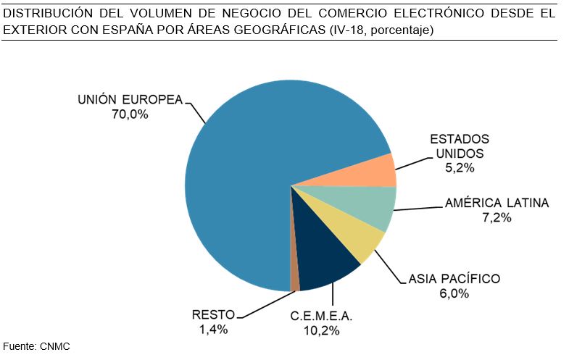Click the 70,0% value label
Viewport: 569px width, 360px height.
click(130, 114)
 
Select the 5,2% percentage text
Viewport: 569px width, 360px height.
click(460, 168)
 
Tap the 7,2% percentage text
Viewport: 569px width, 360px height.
click(497, 217)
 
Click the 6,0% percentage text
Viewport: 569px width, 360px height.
click(454, 293)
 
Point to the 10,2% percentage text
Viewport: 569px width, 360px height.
click(322, 331)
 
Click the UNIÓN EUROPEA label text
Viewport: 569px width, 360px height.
click(130, 100)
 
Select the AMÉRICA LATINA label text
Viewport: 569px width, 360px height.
click(497, 203)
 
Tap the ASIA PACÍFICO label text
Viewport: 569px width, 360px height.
click(454, 279)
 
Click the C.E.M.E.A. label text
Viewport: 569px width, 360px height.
click(322, 317)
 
